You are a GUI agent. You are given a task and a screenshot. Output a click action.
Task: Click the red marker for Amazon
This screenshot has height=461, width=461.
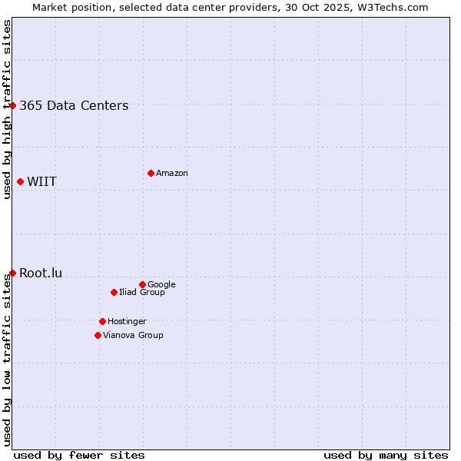(x=151, y=173)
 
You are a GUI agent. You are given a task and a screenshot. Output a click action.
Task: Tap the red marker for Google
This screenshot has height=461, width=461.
(x=142, y=284)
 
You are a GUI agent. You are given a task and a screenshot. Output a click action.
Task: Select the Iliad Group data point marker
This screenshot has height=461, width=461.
(x=114, y=292)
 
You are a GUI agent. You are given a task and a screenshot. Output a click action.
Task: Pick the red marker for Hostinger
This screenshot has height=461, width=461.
(x=102, y=321)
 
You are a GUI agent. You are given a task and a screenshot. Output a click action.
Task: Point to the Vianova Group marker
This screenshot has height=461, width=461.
(x=98, y=335)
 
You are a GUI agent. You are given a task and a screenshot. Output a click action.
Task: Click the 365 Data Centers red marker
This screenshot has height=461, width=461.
(x=13, y=105)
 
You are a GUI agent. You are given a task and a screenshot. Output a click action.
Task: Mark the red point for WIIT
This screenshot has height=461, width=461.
(x=20, y=181)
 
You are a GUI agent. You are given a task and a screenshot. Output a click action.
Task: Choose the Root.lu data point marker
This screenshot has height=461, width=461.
(x=13, y=273)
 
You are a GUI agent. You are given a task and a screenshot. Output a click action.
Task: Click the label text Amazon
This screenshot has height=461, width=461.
(x=172, y=174)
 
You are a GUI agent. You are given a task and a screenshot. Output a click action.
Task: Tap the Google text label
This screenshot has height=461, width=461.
(x=161, y=285)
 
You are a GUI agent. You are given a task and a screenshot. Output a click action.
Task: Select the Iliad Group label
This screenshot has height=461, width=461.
(x=142, y=293)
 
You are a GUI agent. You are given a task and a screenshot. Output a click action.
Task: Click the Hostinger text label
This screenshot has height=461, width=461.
(x=127, y=322)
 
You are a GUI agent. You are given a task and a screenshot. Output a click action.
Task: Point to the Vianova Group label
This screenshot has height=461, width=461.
(x=133, y=336)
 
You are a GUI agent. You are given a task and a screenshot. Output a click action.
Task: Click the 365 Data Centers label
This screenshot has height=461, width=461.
(x=74, y=106)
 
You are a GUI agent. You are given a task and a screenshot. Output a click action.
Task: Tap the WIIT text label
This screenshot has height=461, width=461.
(x=41, y=182)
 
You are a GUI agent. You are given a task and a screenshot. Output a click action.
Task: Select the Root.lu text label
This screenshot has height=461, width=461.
(x=41, y=274)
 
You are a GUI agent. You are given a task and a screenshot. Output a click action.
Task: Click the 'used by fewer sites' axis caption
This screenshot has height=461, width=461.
(x=79, y=456)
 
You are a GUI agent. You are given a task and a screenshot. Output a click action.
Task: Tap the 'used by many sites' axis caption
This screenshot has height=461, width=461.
(x=386, y=456)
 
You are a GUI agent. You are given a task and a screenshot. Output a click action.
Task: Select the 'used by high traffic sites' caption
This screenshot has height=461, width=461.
(x=8, y=109)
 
